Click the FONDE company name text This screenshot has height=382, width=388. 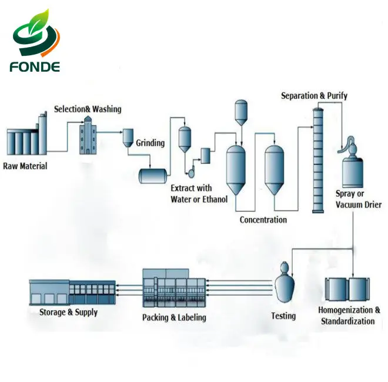(35, 67)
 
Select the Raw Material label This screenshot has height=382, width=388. (25, 166)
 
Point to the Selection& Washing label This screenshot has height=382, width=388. (88, 109)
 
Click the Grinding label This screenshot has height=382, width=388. (150, 143)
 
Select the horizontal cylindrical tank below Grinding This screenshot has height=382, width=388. (152, 175)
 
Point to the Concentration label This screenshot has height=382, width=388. (263, 220)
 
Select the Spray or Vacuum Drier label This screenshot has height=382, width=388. (359, 199)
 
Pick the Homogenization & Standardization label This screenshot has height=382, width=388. (349, 316)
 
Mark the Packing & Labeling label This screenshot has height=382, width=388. (174, 318)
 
